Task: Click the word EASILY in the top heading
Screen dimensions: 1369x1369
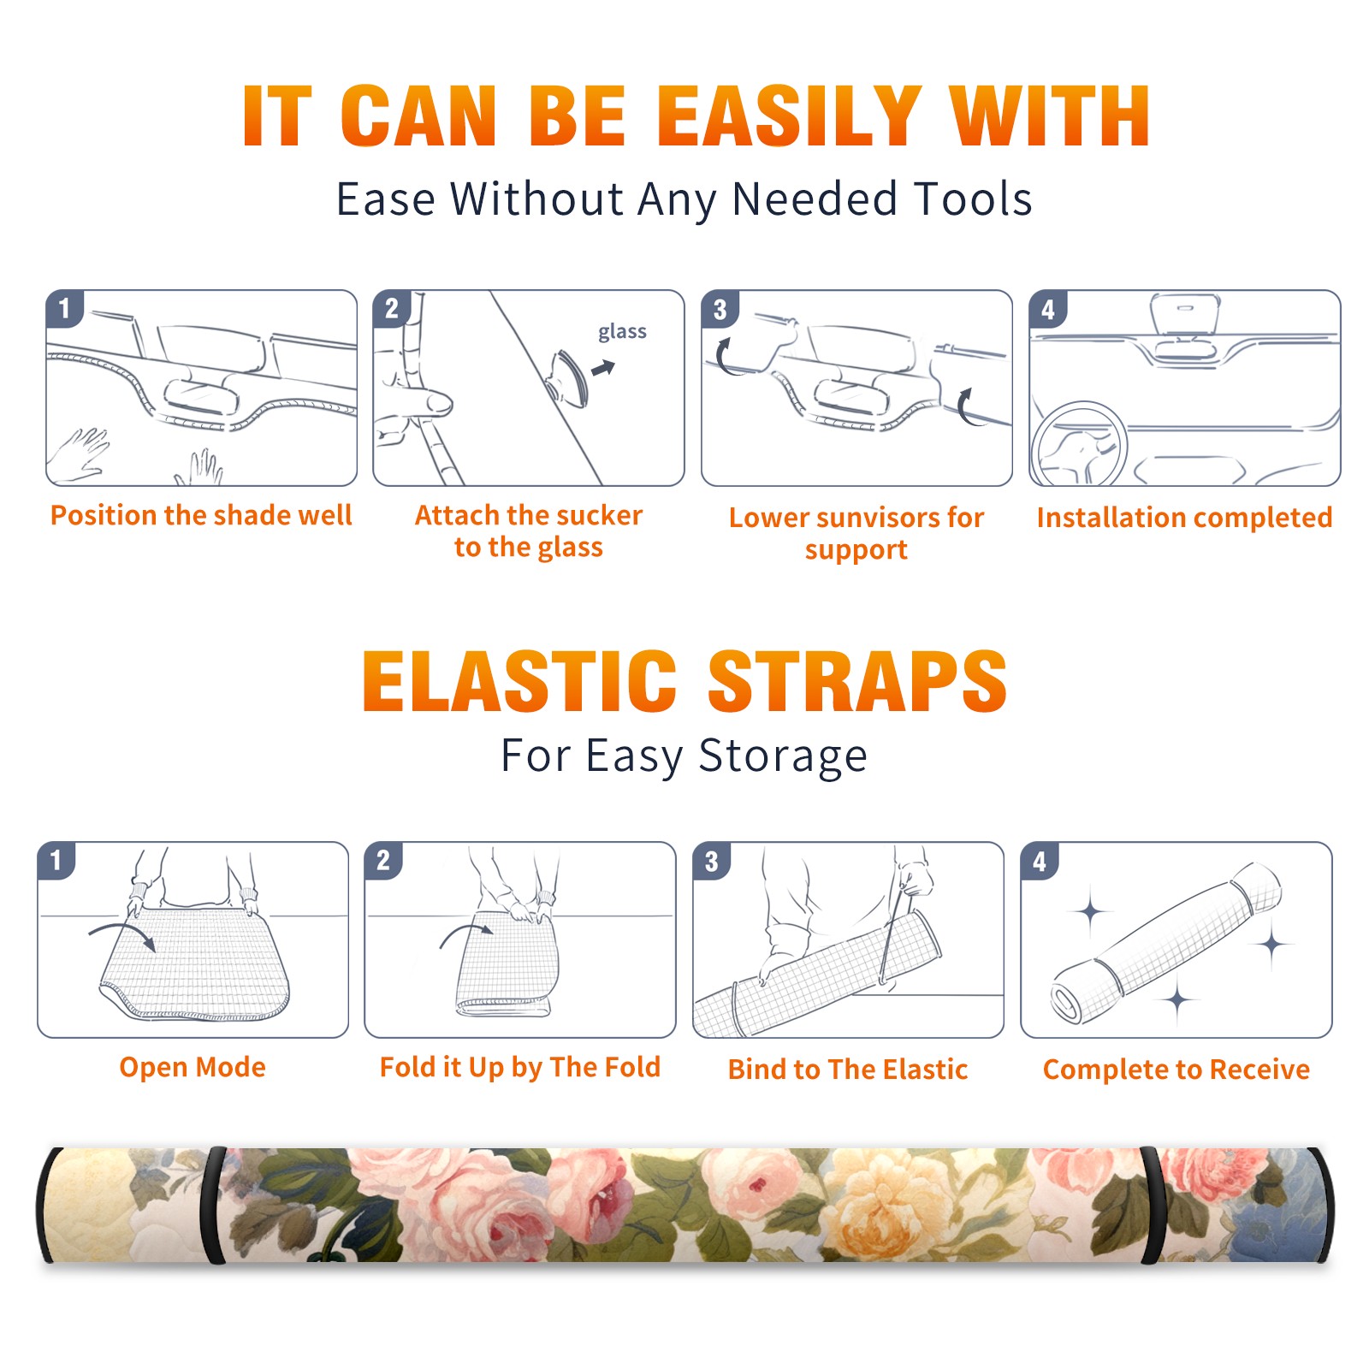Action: point(789,116)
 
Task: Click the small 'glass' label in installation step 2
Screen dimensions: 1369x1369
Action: point(622,332)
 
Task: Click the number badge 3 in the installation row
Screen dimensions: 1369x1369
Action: point(720,309)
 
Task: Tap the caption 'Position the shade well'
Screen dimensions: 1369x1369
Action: point(201,515)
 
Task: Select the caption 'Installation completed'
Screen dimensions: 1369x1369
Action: point(1184,517)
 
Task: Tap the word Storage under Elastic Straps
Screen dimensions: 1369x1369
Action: point(783,756)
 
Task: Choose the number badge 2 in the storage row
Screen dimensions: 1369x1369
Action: point(383,860)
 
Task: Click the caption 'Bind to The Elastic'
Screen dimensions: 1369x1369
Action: point(847,1070)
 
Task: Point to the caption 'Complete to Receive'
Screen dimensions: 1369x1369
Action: point(1176,1070)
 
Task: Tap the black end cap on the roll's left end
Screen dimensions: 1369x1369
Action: point(44,1205)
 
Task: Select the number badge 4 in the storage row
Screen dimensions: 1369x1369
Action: point(1040,860)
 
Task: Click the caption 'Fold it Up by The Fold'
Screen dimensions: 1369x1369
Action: point(520,1067)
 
